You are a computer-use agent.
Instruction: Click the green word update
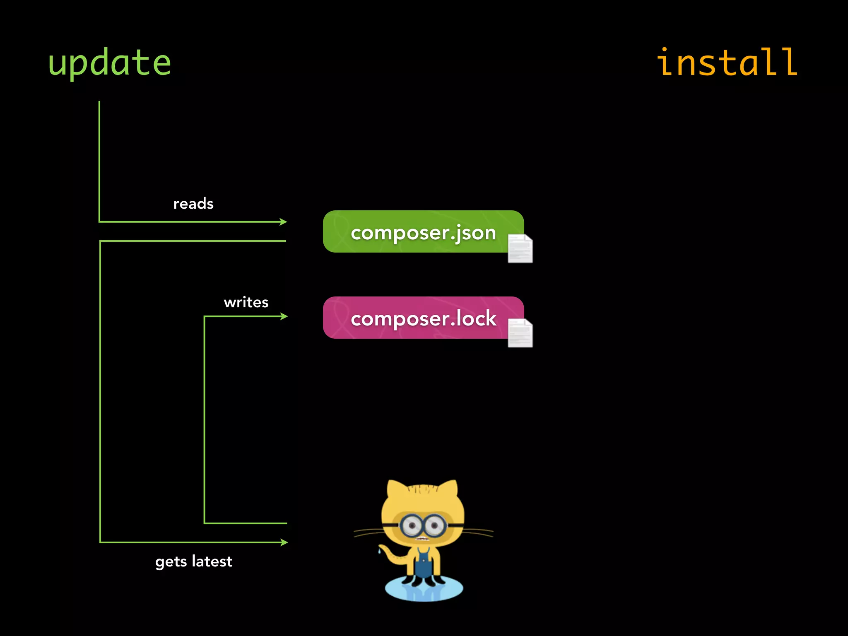(x=109, y=63)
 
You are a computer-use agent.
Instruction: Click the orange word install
(x=727, y=63)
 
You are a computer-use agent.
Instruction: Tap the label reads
(x=193, y=204)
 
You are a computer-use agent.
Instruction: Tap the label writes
(x=246, y=302)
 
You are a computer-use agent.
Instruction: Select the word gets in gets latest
(x=171, y=562)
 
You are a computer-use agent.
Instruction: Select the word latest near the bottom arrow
(x=212, y=561)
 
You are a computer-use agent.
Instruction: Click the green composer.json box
(x=414, y=232)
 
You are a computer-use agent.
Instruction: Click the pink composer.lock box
(x=414, y=318)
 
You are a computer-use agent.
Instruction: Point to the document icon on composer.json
(x=520, y=248)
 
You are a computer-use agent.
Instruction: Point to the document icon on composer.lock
(x=520, y=333)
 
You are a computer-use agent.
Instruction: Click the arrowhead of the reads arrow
(x=284, y=222)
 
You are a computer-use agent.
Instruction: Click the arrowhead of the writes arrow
(x=284, y=316)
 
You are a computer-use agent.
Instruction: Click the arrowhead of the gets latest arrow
(x=284, y=542)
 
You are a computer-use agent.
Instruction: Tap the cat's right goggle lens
(x=434, y=526)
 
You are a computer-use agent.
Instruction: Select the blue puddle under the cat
(x=424, y=590)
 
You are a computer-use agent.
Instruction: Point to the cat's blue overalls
(x=423, y=563)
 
